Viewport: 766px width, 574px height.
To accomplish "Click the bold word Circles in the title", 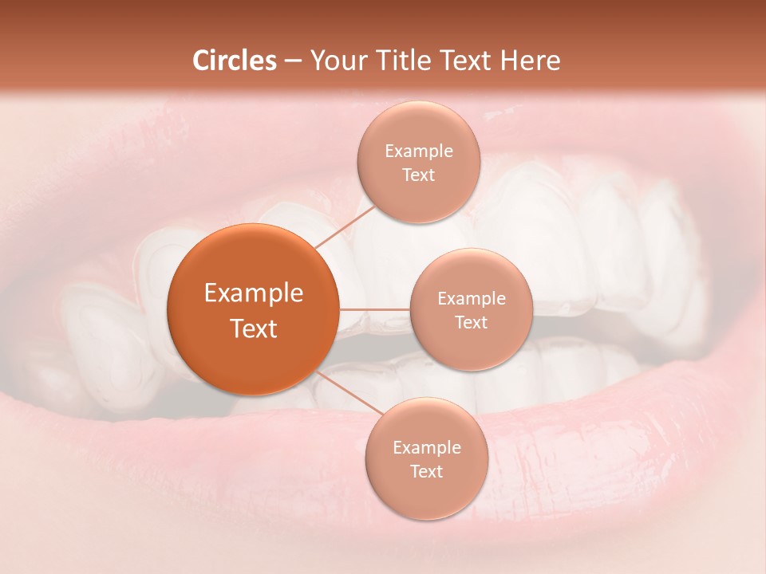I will tap(235, 61).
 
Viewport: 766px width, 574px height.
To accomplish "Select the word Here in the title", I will tap(531, 61).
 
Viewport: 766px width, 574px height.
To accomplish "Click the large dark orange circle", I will tap(252, 309).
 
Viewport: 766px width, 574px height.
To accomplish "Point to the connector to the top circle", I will tap(345, 223).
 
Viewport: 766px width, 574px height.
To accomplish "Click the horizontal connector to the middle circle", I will tap(374, 309).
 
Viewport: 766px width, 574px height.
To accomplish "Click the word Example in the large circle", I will tap(254, 293).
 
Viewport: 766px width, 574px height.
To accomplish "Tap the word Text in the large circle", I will tap(254, 328).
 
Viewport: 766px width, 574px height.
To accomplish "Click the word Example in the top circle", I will tap(419, 151).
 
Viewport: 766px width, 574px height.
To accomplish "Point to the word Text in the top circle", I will tap(419, 175).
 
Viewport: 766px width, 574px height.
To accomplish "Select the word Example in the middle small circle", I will tap(472, 299).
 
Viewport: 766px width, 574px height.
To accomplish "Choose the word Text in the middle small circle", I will tap(472, 322).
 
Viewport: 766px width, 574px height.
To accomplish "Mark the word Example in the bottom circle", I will tap(427, 448).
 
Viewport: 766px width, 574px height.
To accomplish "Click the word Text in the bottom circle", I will tap(427, 471).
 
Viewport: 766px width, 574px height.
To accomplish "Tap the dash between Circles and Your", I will tap(292, 61).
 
